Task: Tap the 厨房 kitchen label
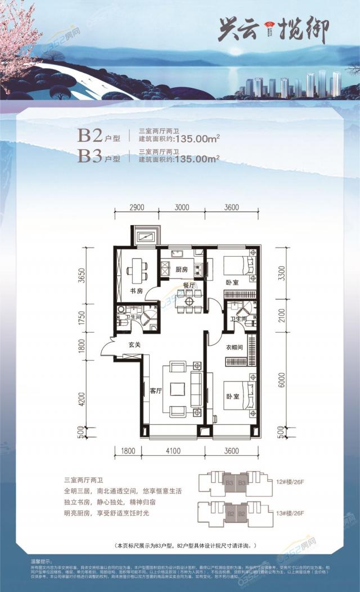pyautogui.click(x=181, y=269)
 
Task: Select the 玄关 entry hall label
pyautogui.click(x=134, y=344)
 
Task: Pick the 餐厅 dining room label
pyautogui.click(x=189, y=286)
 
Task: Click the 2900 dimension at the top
pyautogui.click(x=137, y=207)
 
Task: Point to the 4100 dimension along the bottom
pyautogui.click(x=174, y=450)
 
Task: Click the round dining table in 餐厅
pyautogui.click(x=188, y=301)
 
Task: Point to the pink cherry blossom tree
pyautogui.click(x=22, y=34)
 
